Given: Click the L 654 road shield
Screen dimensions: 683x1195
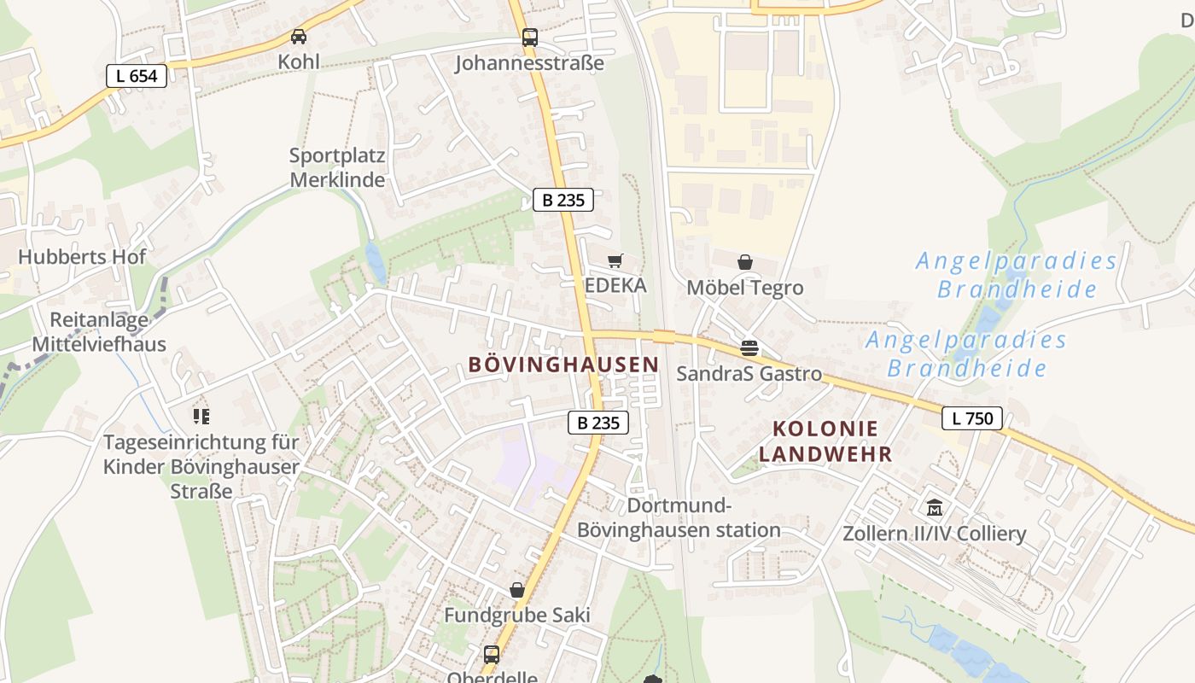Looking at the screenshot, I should coord(137,76).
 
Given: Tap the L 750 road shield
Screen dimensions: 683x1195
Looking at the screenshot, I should coord(972,418).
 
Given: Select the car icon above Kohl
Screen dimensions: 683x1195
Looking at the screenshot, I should coord(299,37).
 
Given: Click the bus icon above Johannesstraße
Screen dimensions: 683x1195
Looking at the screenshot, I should coord(529,38).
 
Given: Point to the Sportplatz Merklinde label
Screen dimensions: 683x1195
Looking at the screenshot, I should coord(337,168).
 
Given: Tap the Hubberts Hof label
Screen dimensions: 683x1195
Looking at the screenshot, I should coord(82,257).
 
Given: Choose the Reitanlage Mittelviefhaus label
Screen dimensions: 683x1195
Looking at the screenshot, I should coord(99,332).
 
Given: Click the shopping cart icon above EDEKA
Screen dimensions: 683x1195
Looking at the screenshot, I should coord(615,260).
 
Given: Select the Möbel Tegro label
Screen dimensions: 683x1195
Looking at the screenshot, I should coord(745,288).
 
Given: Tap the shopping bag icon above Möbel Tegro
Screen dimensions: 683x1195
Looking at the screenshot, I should coord(745,262).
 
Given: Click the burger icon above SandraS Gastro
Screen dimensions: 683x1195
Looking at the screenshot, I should coord(749,348).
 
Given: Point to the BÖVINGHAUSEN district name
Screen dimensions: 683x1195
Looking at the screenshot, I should coord(563,365).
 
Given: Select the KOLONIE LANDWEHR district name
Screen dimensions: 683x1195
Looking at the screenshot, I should coord(825,441).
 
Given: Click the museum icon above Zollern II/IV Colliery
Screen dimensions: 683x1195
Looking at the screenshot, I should coord(935,508).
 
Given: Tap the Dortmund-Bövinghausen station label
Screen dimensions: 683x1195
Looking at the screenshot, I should coord(679,517).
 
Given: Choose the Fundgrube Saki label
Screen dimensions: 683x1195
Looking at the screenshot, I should coord(517,616).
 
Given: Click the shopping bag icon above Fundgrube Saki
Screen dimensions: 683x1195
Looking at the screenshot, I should coord(516,590).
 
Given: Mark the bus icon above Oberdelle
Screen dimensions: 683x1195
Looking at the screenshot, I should coord(492,655).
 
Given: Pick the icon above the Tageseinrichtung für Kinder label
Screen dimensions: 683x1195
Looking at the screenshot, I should coord(201,417).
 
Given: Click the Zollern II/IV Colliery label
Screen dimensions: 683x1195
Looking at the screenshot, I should coord(935,534).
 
